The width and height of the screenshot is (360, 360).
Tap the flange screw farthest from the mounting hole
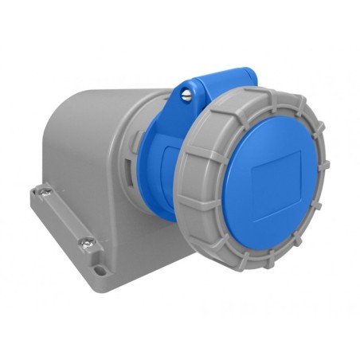[46, 191]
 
